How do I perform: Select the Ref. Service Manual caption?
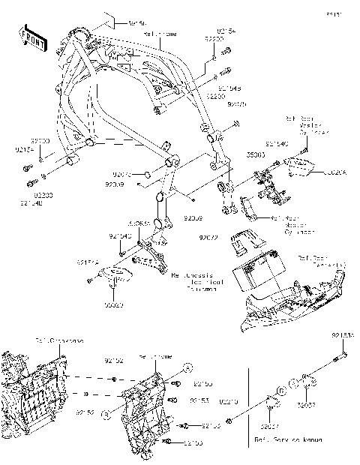pos(288,438)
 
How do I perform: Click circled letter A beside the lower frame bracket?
pos(188,367)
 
